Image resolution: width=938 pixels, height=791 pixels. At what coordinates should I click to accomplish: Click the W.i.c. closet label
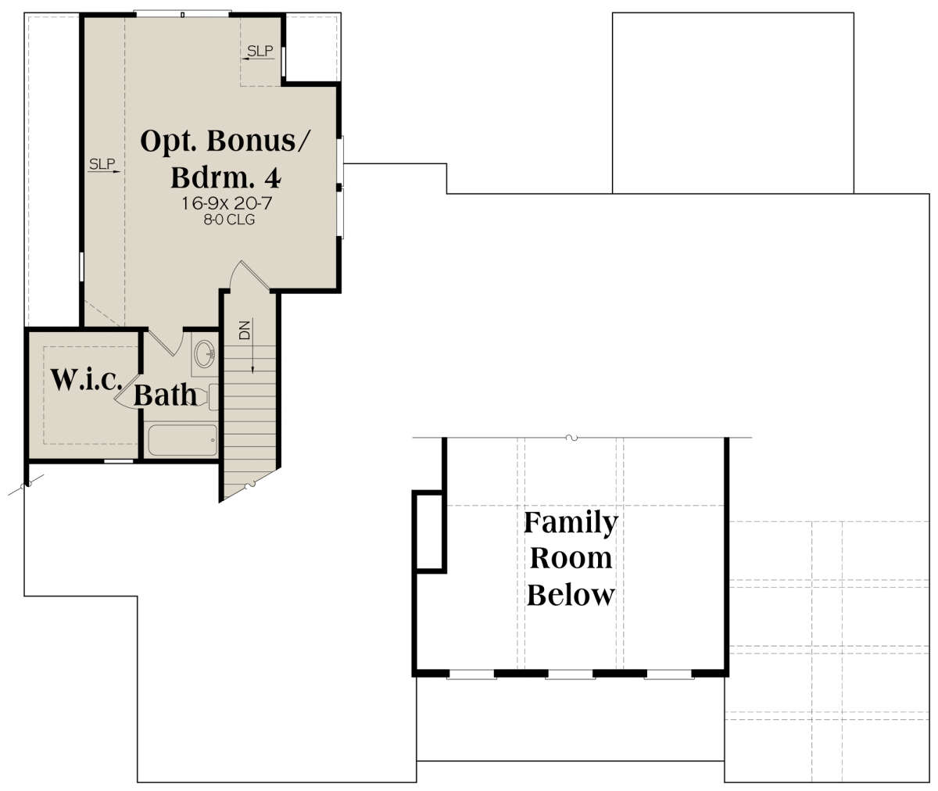(86, 380)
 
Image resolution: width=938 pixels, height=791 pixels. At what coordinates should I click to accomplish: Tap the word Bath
(165, 395)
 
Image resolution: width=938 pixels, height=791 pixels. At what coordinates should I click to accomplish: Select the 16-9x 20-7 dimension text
(227, 203)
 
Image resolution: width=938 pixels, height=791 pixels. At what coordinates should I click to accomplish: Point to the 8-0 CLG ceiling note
(229, 220)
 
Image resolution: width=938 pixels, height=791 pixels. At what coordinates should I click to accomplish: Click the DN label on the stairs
(245, 330)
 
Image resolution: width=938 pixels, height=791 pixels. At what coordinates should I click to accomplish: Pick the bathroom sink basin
(206, 353)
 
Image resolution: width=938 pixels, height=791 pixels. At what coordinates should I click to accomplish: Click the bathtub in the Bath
(183, 440)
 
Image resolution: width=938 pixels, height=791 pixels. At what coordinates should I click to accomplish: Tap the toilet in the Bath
(208, 397)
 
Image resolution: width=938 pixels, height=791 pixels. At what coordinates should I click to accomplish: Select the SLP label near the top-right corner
(260, 52)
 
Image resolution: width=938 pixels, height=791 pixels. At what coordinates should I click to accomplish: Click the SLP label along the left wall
(102, 164)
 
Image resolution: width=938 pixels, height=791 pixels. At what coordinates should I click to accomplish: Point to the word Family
(571, 522)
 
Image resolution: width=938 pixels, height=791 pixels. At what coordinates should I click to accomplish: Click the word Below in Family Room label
(571, 595)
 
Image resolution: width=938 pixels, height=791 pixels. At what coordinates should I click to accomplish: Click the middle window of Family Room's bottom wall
(570, 675)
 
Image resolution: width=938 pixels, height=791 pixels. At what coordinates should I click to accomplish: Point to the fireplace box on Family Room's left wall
(429, 532)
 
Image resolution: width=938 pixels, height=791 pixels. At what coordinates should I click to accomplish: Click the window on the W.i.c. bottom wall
(119, 461)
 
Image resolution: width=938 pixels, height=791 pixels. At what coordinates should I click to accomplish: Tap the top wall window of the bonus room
(182, 14)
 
